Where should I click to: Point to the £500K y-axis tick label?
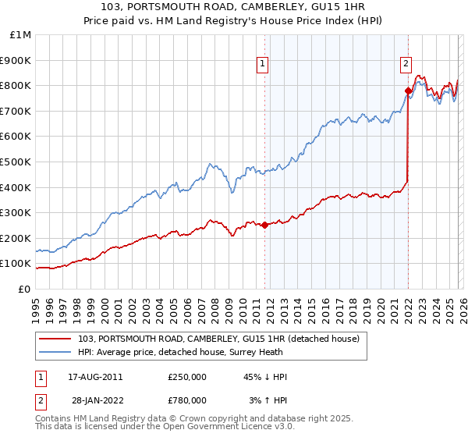pyautogui.click(x=16, y=162)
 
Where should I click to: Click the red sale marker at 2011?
pyautogui.click(x=264, y=225)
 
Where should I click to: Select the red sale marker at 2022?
pyautogui.click(x=408, y=91)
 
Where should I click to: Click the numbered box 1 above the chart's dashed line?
pyautogui.click(x=263, y=65)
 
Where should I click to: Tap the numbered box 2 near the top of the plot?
pyautogui.click(x=406, y=65)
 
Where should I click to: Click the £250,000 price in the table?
pyautogui.click(x=187, y=377)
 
